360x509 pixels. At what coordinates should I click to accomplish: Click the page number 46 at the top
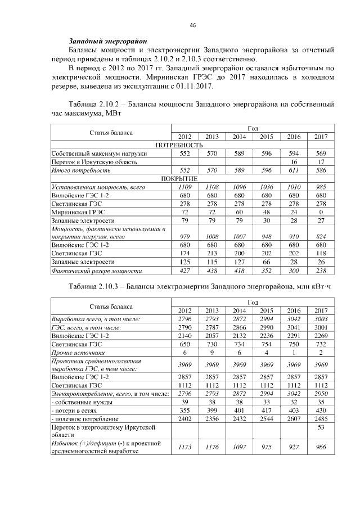192,25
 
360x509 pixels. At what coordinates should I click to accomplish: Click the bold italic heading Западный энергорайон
107,41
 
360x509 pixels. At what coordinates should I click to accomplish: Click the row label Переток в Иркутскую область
94,161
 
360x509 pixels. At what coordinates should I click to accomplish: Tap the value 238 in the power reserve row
321,271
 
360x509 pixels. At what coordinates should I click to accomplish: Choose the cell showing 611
294,170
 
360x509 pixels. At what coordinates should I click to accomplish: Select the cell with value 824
321,237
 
